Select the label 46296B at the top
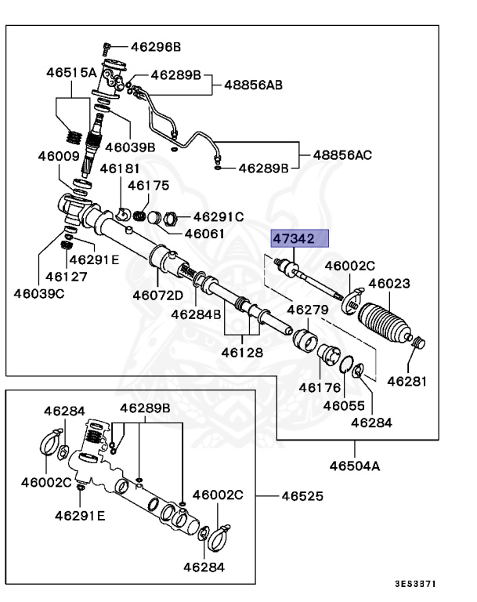tap(154, 47)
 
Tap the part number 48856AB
tap(254, 84)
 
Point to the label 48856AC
tap(342, 154)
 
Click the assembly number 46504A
tap(354, 466)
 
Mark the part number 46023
tap(389, 285)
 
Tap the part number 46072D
tap(157, 296)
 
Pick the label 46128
tap(242, 353)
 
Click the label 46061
tap(204, 234)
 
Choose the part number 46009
tap(59, 156)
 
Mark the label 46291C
tap(219, 216)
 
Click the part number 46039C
tap(38, 294)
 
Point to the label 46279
tap(307, 310)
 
